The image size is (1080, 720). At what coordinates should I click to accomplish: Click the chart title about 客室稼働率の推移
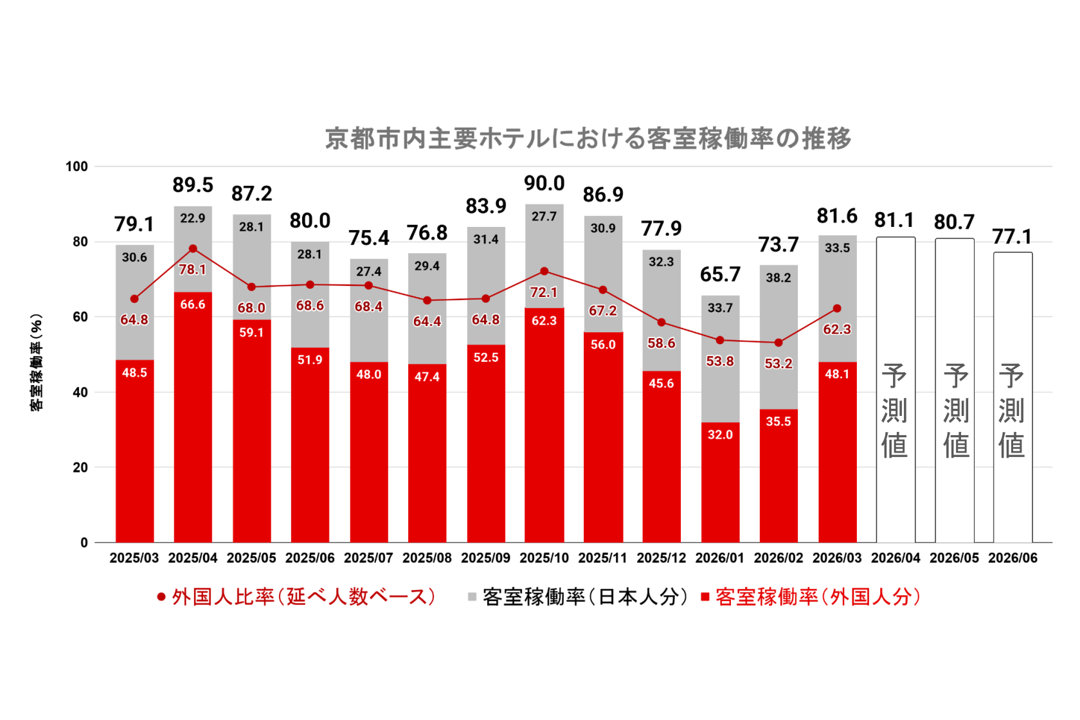(588, 138)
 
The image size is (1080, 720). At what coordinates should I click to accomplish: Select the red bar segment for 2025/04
(193, 418)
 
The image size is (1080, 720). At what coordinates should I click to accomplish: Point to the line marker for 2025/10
(544, 271)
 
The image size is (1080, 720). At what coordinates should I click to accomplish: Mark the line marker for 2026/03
(837, 309)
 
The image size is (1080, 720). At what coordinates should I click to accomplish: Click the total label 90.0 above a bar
(544, 184)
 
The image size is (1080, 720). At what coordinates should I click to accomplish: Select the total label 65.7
(720, 275)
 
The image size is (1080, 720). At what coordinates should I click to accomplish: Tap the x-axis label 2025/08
(427, 558)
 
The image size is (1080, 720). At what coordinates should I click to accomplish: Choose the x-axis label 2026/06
(1013, 558)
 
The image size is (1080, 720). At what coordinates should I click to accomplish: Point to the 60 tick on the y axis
(80, 317)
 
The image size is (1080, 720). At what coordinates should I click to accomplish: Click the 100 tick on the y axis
(76, 166)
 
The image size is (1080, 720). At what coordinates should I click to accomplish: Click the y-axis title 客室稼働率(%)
(37, 363)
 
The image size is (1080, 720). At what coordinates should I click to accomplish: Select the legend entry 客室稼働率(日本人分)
(579, 597)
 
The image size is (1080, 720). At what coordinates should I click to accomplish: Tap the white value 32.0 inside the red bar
(720, 435)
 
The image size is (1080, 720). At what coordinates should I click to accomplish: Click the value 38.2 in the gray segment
(779, 278)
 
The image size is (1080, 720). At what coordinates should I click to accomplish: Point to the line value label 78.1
(193, 270)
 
